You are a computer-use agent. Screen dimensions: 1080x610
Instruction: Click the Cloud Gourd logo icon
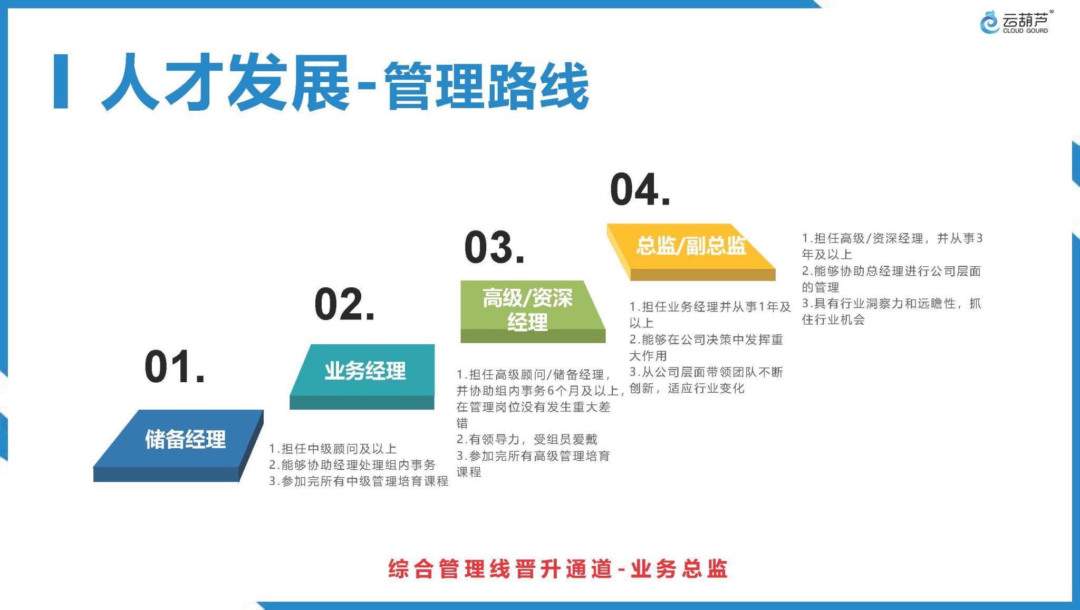coord(989,22)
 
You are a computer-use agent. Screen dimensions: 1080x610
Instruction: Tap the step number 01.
coord(175,366)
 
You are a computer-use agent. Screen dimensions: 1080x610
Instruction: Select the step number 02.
coord(344,304)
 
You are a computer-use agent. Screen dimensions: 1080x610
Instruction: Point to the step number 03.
coord(495,247)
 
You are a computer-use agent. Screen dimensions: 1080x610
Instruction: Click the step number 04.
coord(640,189)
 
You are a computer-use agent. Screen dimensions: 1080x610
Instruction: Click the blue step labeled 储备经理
coord(178,446)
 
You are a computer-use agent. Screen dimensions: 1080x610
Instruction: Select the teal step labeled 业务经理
coord(362,376)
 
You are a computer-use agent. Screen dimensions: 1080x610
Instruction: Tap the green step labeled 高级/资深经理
coord(533,312)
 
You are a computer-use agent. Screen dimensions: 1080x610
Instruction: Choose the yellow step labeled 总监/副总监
coord(691,252)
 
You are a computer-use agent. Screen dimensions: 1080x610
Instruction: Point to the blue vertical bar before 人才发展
coord(61,81)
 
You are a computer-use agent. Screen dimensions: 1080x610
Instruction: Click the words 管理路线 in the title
coord(486,85)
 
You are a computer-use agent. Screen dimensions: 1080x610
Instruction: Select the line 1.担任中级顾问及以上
coord(333,449)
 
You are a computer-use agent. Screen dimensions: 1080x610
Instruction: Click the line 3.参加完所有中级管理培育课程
coord(359,481)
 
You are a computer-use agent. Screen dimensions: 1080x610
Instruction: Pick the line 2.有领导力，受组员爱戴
coord(527,439)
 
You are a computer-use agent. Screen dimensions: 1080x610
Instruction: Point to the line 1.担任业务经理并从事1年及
coord(710,306)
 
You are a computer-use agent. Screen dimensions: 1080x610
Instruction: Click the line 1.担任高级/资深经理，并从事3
coord(892,238)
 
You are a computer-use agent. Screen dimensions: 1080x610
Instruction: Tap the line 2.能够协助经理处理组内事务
coord(352,465)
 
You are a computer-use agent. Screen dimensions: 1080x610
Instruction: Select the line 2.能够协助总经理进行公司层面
coord(891,271)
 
